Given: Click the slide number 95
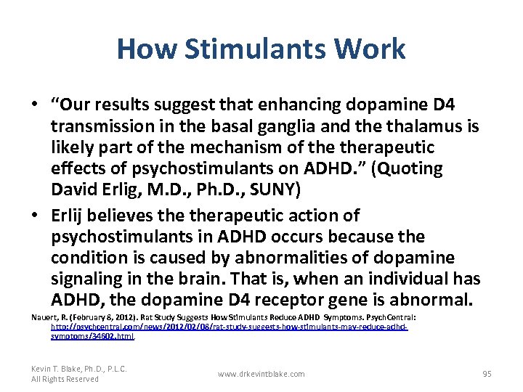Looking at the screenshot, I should coord(487,374).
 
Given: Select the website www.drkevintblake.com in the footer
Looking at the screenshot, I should coord(261,374).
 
